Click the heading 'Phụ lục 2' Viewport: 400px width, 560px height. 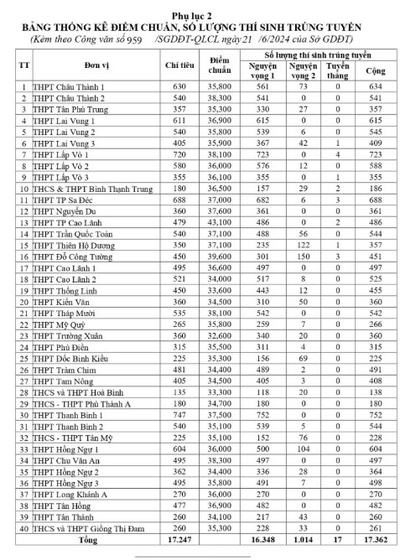(x=200, y=15)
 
